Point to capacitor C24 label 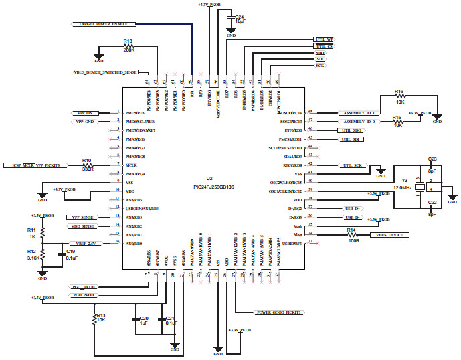tap(240, 16)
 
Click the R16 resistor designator tap(399, 91)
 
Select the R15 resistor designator tap(397, 118)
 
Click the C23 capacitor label tap(432, 159)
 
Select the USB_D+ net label tap(352, 208)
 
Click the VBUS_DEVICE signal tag tap(389, 235)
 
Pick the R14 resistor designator tap(351, 230)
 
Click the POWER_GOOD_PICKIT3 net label tap(278, 312)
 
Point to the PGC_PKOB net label tap(82, 286)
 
